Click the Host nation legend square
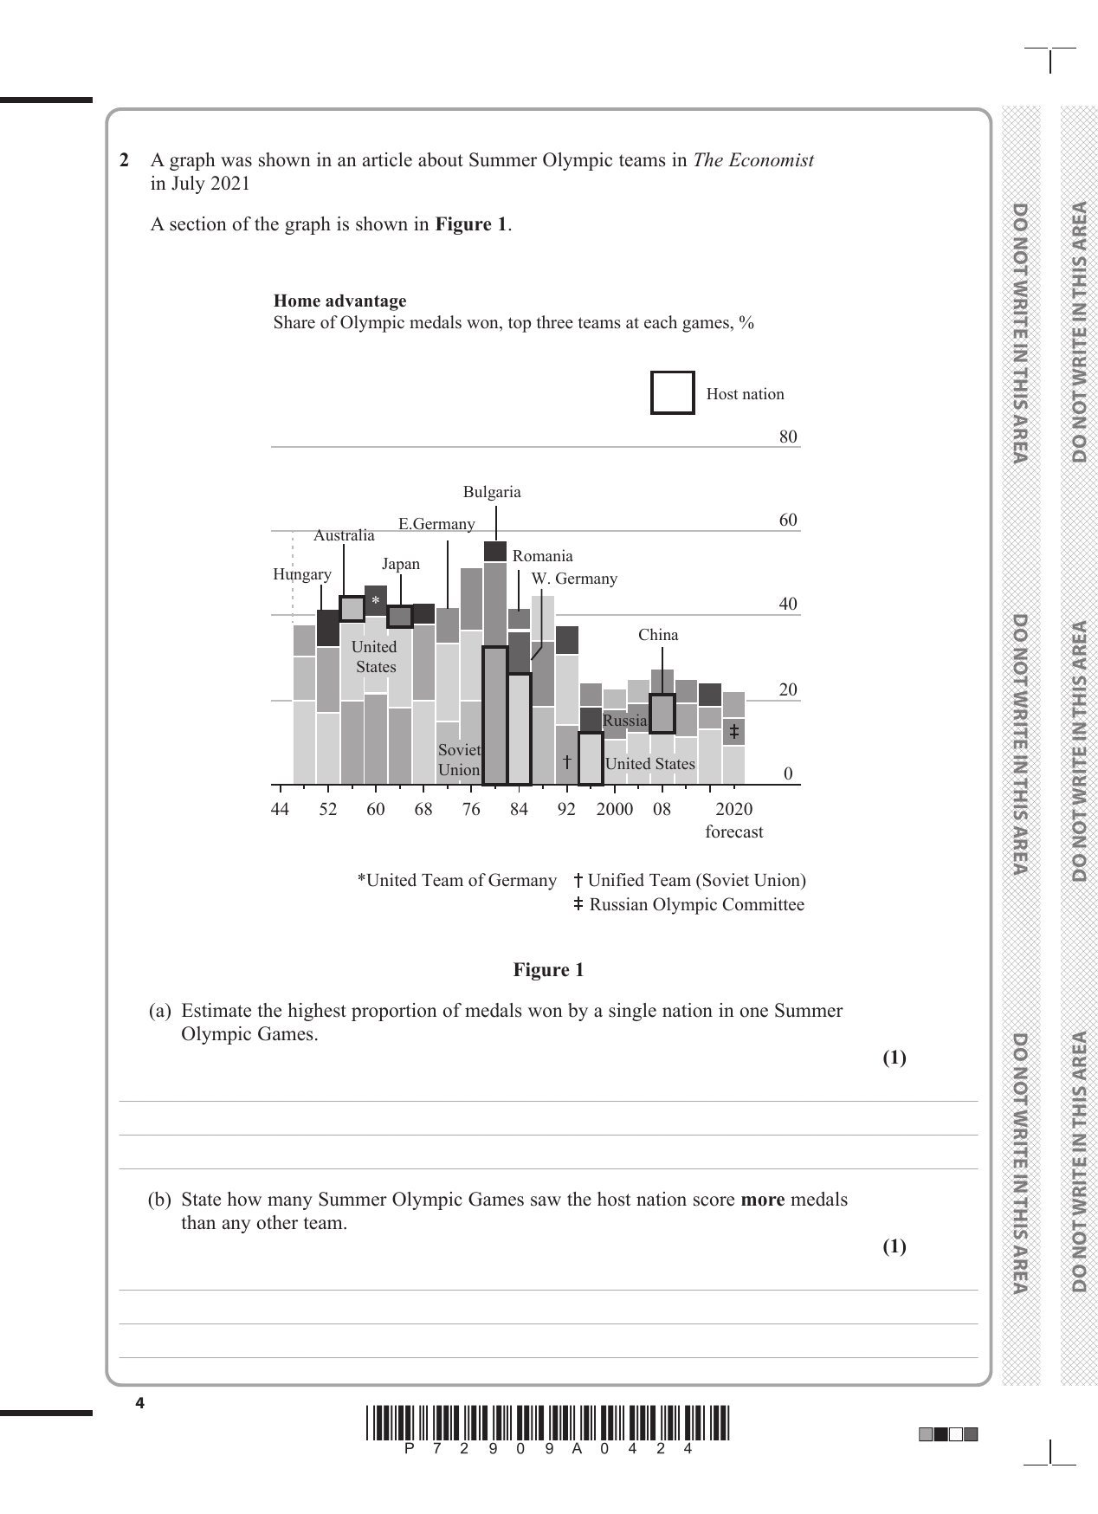[672, 392]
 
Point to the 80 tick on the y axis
[787, 437]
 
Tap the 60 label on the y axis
[787, 520]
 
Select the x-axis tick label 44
[280, 809]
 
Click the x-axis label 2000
[614, 809]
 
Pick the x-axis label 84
[518, 809]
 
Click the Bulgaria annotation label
[492, 492]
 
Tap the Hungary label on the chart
[301, 574]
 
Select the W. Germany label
[574, 579]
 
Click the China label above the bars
[658, 635]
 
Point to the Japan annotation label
[401, 564]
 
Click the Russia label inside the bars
[624, 721]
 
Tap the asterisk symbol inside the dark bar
[376, 601]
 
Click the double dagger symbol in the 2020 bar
[733, 732]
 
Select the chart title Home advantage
[339, 301]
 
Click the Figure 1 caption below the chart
[548, 970]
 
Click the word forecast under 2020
[733, 832]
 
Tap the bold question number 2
[125, 160]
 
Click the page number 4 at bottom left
[139, 1403]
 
